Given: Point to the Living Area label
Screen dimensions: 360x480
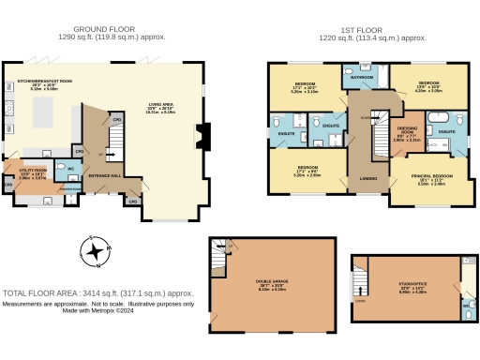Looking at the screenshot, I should [162, 105].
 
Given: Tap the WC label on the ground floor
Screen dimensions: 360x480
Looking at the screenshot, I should [71, 170].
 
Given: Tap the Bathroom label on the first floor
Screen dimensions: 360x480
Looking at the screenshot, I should [362, 77].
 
